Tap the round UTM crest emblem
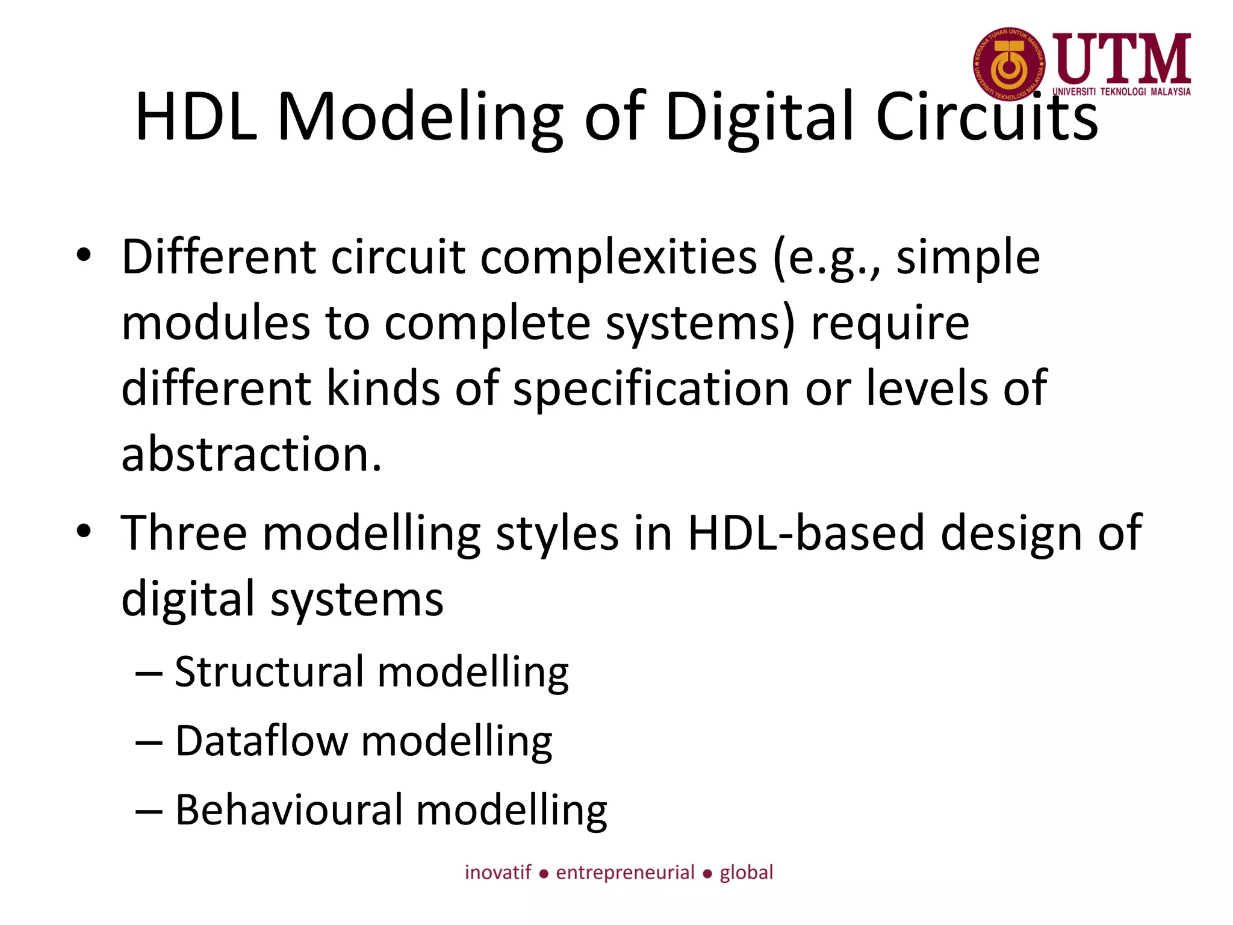1009,64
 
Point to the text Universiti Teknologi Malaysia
1121,92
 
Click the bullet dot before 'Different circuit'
84,255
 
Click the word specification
651,389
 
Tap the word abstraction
251,454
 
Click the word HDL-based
806,533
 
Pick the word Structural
269,672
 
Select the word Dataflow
261,741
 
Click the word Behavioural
288,810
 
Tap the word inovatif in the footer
498,873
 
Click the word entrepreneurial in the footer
625,873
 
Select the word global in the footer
746,873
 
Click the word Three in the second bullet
184,533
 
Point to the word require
890,324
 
